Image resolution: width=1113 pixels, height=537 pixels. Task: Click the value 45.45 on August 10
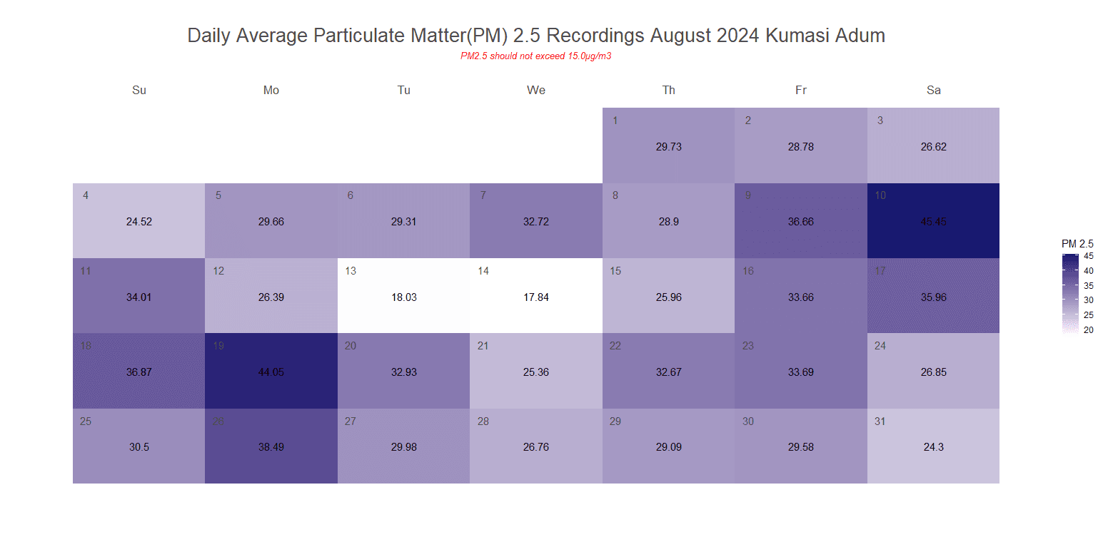pos(933,222)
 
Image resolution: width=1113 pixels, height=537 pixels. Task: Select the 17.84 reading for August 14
pos(536,297)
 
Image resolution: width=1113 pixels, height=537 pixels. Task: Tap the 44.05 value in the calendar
pos(271,372)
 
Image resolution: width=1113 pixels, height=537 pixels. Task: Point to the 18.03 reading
pos(404,297)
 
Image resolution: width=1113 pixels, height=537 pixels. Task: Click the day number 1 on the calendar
pos(615,121)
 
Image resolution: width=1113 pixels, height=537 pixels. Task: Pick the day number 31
pos(880,421)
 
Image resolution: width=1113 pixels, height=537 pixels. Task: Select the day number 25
pos(86,421)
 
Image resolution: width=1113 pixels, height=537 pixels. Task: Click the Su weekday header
pos(139,90)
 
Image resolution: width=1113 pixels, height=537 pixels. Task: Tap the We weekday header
pos(536,90)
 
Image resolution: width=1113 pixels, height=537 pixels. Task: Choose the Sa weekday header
pos(933,90)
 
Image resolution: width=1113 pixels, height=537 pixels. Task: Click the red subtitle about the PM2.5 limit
pos(536,56)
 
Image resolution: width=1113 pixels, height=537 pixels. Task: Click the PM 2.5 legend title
pos(1077,244)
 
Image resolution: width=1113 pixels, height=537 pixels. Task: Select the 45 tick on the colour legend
pos(1089,256)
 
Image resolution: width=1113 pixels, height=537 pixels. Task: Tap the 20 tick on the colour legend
pos(1089,329)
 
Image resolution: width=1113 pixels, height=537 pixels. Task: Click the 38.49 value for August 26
pos(271,448)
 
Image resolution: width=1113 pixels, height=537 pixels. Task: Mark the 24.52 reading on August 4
pos(139,222)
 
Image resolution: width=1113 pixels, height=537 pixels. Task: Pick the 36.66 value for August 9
pos(801,222)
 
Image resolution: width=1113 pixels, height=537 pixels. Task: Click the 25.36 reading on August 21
pos(536,372)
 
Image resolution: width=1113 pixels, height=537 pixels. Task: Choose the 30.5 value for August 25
pos(139,448)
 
